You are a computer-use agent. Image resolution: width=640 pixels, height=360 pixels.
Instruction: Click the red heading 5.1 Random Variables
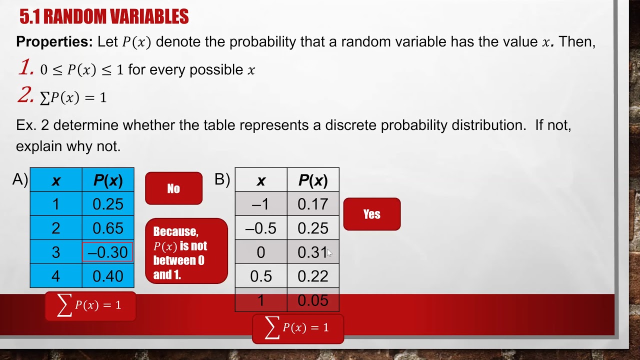(x=104, y=17)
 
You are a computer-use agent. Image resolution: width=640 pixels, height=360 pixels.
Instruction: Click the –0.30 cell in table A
(x=107, y=252)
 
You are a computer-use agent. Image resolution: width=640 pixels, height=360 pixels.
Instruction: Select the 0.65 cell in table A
(x=107, y=228)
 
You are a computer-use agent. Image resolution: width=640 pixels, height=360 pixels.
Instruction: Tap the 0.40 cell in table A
(x=107, y=276)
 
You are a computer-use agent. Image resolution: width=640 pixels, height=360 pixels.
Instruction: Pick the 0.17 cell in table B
(x=312, y=204)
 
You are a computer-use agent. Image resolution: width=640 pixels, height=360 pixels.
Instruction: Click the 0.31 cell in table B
(x=312, y=252)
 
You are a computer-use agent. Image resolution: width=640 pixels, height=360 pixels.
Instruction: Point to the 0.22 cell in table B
(x=312, y=276)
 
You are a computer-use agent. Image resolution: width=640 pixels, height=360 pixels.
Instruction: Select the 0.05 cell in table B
(x=312, y=300)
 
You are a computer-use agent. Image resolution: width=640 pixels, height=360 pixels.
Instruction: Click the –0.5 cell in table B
(x=261, y=228)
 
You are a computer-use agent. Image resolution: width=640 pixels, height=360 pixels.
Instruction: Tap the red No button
(x=173, y=188)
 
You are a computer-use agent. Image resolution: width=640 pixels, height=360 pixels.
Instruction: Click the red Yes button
(x=371, y=214)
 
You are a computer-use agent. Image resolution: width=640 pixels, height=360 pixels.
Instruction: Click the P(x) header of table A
(x=107, y=180)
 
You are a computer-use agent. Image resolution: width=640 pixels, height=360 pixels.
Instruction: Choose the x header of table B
(x=261, y=180)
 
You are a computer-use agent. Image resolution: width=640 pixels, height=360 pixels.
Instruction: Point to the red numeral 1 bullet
(x=26, y=68)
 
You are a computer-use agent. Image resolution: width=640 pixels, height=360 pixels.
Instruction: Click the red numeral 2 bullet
(x=25, y=95)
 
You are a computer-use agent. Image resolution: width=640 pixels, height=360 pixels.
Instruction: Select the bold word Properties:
(x=54, y=42)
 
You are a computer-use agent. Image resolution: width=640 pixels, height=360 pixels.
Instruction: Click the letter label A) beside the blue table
(x=20, y=179)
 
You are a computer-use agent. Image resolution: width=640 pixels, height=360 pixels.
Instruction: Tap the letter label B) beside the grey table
(x=222, y=179)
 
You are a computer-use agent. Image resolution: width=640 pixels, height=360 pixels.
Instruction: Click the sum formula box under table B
(x=297, y=328)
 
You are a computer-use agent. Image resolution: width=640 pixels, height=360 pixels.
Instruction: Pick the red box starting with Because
(x=186, y=251)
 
